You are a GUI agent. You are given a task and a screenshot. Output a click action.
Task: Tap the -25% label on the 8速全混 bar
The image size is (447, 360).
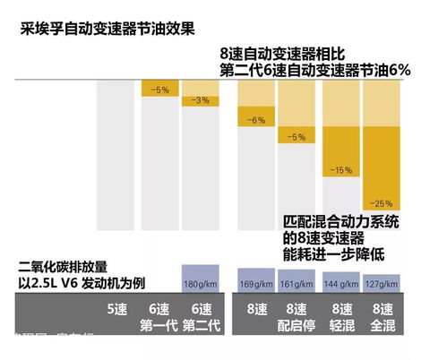click(x=383, y=201)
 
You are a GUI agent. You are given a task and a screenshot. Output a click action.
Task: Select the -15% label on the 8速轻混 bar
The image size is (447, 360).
click(x=340, y=169)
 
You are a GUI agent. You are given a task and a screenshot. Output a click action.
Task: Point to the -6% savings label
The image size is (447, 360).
click(x=257, y=119)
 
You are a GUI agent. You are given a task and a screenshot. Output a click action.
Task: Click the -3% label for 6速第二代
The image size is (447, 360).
click(x=202, y=100)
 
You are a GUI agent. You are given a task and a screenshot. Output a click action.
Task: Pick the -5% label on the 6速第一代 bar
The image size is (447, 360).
click(x=159, y=90)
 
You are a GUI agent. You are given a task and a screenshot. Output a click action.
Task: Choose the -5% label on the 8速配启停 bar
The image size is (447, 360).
click(x=299, y=137)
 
